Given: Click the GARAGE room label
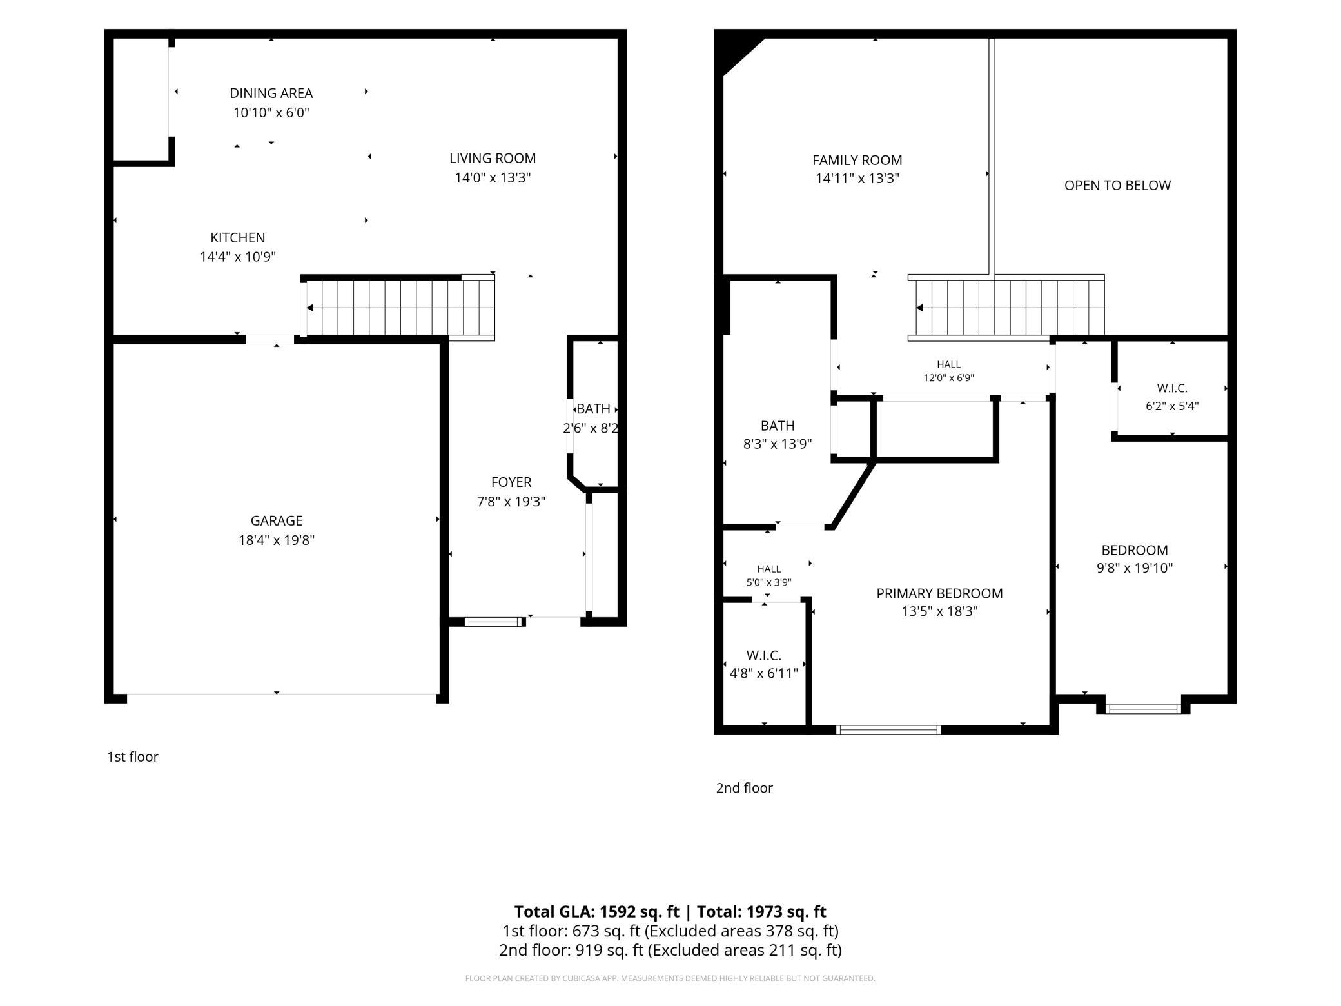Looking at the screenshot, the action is pyautogui.click(x=277, y=520).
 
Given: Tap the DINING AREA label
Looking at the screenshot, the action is pyautogui.click(x=271, y=93).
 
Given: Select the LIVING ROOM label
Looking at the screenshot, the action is pyautogui.click(x=493, y=158).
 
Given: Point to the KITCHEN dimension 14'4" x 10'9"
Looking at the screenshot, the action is pyautogui.click(x=238, y=257).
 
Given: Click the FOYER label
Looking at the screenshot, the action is pyautogui.click(x=511, y=482).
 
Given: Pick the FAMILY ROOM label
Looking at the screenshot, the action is pyautogui.click(x=857, y=160).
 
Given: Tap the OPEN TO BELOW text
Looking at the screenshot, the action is pyautogui.click(x=1117, y=186).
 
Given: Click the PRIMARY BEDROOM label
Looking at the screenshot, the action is pyautogui.click(x=939, y=593).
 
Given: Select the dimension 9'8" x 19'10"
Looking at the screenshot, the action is pyautogui.click(x=1135, y=568).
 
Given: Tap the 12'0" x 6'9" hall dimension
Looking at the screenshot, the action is pyautogui.click(x=949, y=378).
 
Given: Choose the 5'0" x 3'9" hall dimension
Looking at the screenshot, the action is pyautogui.click(x=768, y=582).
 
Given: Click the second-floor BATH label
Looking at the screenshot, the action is pyautogui.click(x=778, y=426).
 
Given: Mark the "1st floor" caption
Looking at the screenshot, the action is pyautogui.click(x=133, y=756).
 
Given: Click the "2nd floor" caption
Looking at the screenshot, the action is pyautogui.click(x=744, y=787).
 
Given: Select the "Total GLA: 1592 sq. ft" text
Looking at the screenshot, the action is pyautogui.click(x=597, y=911).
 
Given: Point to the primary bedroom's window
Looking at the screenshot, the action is pyautogui.click(x=888, y=730).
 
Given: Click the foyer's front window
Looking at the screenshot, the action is pyautogui.click(x=495, y=622).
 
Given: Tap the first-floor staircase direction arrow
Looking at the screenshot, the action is pyautogui.click(x=400, y=308).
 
